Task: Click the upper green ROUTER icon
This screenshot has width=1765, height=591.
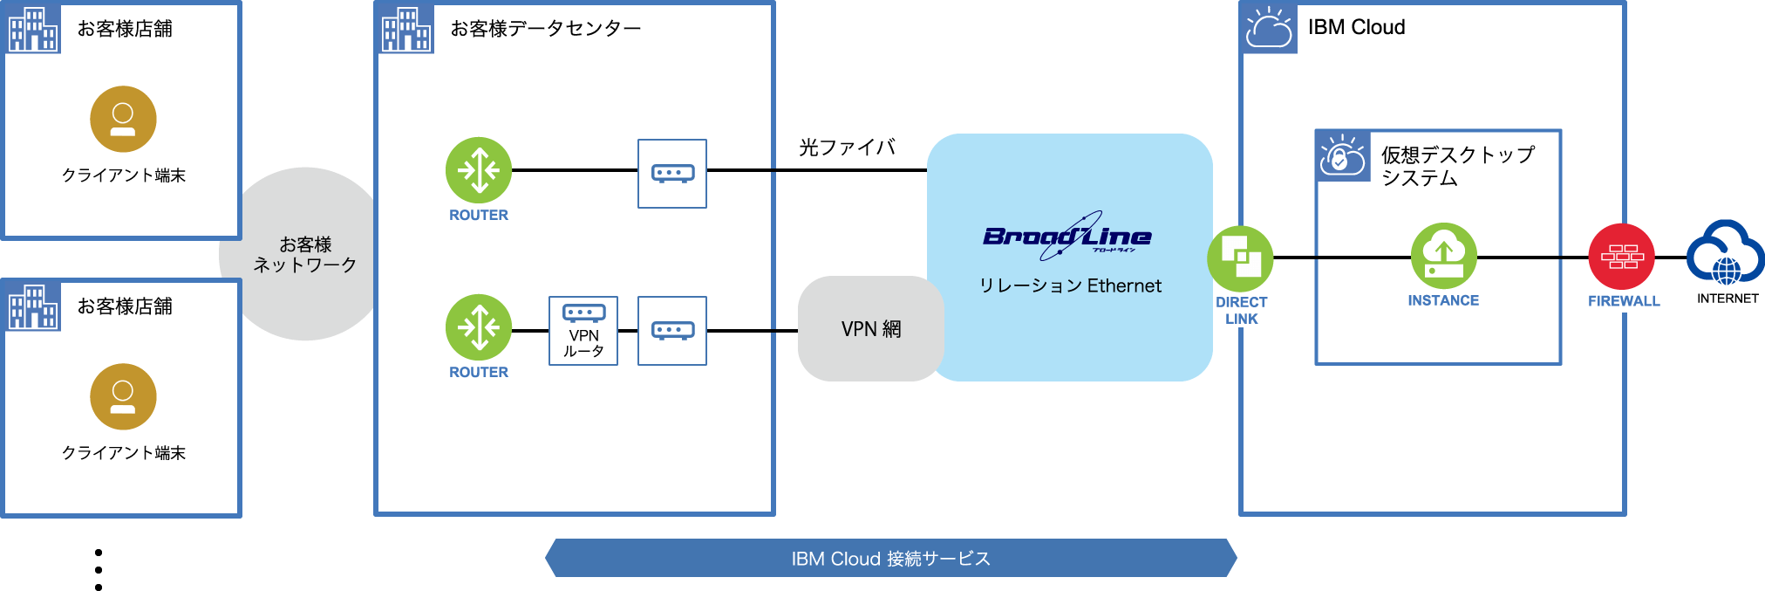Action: coord(479,170)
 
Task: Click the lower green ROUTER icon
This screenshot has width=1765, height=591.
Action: coord(479,327)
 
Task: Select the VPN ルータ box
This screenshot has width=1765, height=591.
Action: coord(583,331)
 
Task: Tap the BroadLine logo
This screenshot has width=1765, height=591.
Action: coord(1067,236)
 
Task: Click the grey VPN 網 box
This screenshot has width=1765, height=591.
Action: coord(870,329)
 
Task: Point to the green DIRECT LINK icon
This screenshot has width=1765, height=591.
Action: coord(1240,258)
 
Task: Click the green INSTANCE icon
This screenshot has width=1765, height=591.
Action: coord(1443,256)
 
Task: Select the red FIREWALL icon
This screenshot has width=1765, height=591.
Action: coord(1622,257)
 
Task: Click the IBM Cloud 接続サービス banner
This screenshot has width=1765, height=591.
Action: coord(890,559)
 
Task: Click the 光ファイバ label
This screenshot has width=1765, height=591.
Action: coord(847,147)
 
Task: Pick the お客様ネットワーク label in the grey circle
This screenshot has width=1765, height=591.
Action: coord(305,254)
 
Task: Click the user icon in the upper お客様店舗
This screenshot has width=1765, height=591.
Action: coord(123,119)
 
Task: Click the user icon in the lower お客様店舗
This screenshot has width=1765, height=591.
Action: coord(123,396)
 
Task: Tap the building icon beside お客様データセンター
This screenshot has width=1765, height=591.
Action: coord(406,29)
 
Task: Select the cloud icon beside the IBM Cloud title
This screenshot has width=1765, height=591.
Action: coord(1269,28)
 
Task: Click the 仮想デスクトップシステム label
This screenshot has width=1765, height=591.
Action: coord(1457,166)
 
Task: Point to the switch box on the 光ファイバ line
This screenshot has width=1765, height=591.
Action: coord(672,173)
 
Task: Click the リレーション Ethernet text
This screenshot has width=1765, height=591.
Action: coord(1070,285)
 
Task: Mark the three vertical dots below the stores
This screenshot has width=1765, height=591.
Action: coord(99,570)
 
